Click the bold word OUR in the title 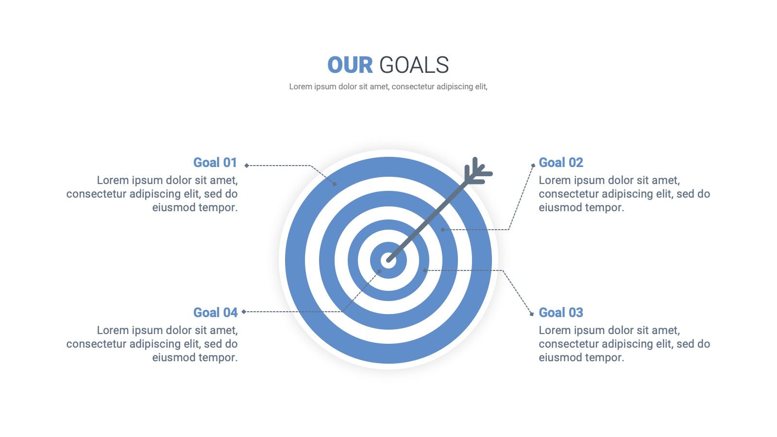tap(350, 65)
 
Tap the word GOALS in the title tap(414, 65)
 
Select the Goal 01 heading tap(215, 162)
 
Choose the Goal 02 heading tap(561, 162)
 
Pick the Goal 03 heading tap(561, 313)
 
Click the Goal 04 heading tap(216, 313)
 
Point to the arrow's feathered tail tap(478, 171)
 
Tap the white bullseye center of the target tap(388, 260)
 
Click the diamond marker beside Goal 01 tap(247, 166)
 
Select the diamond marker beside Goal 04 tap(244, 312)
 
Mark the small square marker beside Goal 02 tap(533, 166)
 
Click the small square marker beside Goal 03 tap(532, 314)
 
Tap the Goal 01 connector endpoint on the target tap(335, 184)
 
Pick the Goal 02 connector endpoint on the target tap(442, 230)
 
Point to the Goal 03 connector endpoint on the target tap(425, 270)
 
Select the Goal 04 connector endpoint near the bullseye tap(379, 271)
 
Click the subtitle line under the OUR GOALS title tap(388, 86)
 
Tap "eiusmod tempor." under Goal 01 tap(195, 207)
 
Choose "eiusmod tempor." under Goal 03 tap(581, 357)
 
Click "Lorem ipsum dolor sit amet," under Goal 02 tap(609, 180)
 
